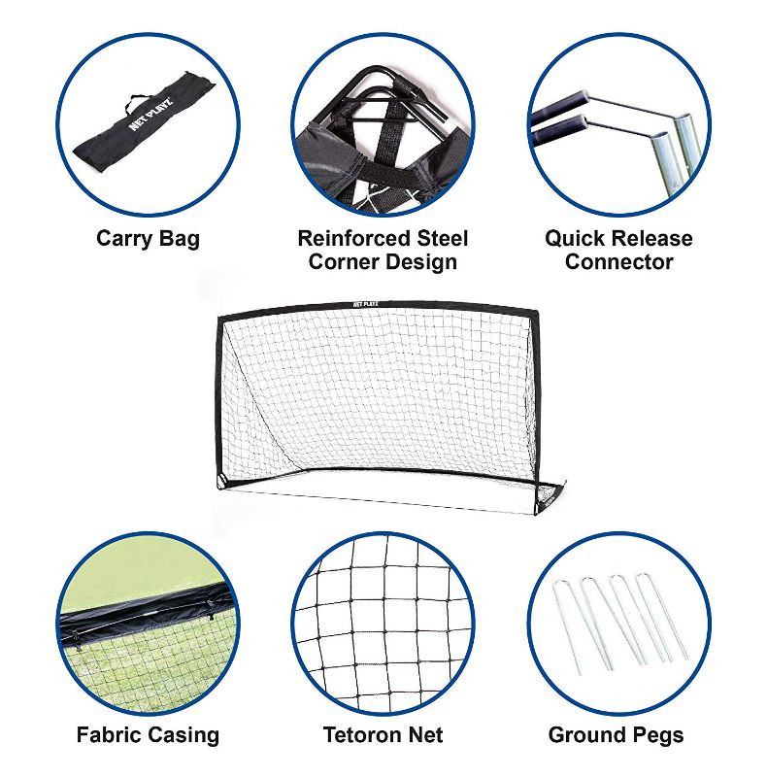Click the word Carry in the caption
(x=125, y=239)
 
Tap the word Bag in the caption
(x=180, y=239)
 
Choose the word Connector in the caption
(x=618, y=261)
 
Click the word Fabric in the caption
(x=109, y=734)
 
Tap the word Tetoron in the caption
(x=362, y=734)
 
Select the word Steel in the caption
(x=442, y=238)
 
